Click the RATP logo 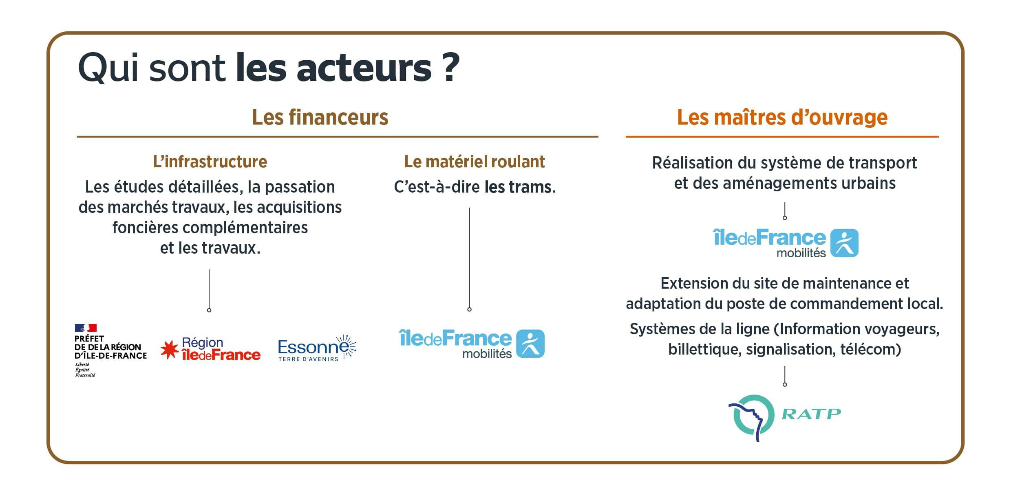785,418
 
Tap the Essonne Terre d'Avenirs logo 317,348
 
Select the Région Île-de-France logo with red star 210,349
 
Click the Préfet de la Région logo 110,351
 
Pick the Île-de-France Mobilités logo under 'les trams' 471,344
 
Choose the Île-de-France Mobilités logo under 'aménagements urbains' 786,243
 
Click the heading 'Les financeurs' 320,117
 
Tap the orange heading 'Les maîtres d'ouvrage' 782,117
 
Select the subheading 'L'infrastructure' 210,162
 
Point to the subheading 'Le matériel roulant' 475,162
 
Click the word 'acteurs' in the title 364,68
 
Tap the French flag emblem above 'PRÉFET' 86,328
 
